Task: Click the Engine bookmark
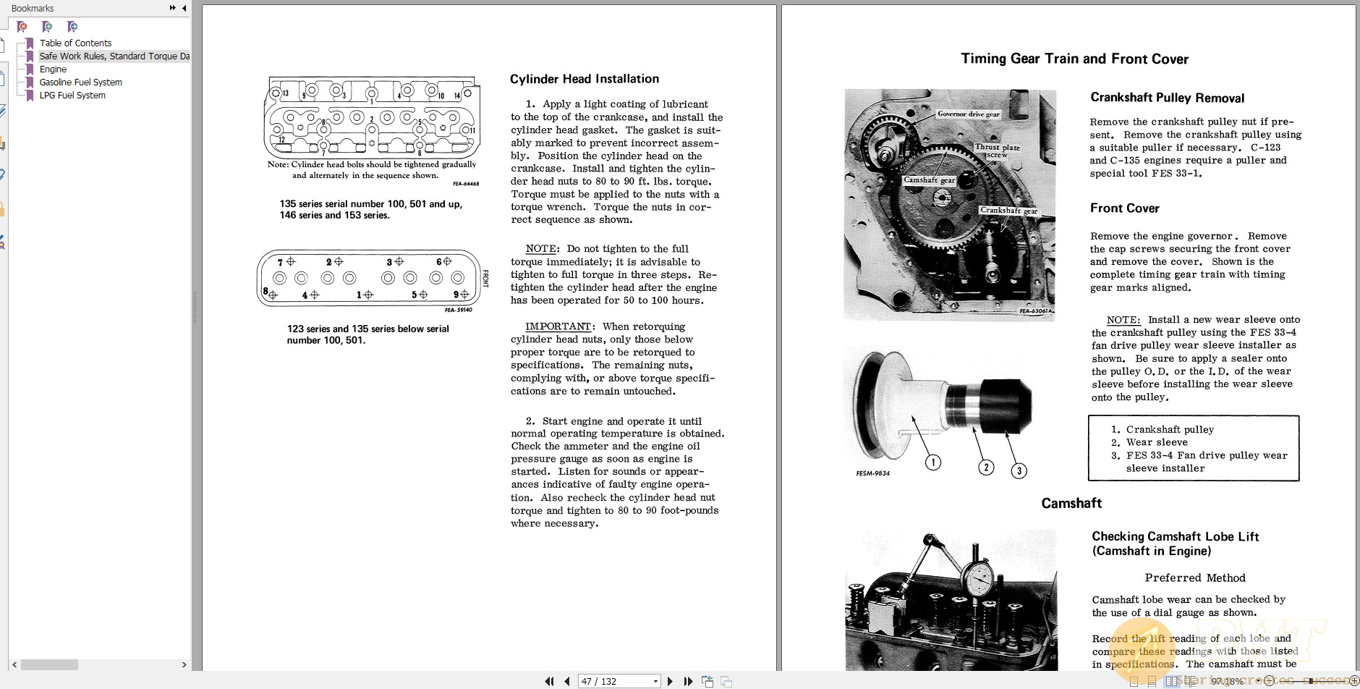(53, 69)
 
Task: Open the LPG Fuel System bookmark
(72, 96)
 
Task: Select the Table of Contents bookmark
(75, 43)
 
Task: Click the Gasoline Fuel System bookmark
(80, 83)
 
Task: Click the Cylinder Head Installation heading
(584, 79)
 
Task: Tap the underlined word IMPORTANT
(558, 326)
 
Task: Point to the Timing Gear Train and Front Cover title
(1074, 59)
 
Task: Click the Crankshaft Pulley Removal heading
(1167, 98)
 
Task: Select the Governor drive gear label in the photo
(968, 114)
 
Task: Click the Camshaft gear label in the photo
(929, 180)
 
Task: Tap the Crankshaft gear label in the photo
(1008, 211)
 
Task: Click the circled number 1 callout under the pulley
(933, 462)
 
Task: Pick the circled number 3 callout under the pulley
(1019, 471)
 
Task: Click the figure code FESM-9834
(872, 473)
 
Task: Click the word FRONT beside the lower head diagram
(485, 279)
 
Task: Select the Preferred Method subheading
(1194, 578)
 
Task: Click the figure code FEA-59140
(458, 310)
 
